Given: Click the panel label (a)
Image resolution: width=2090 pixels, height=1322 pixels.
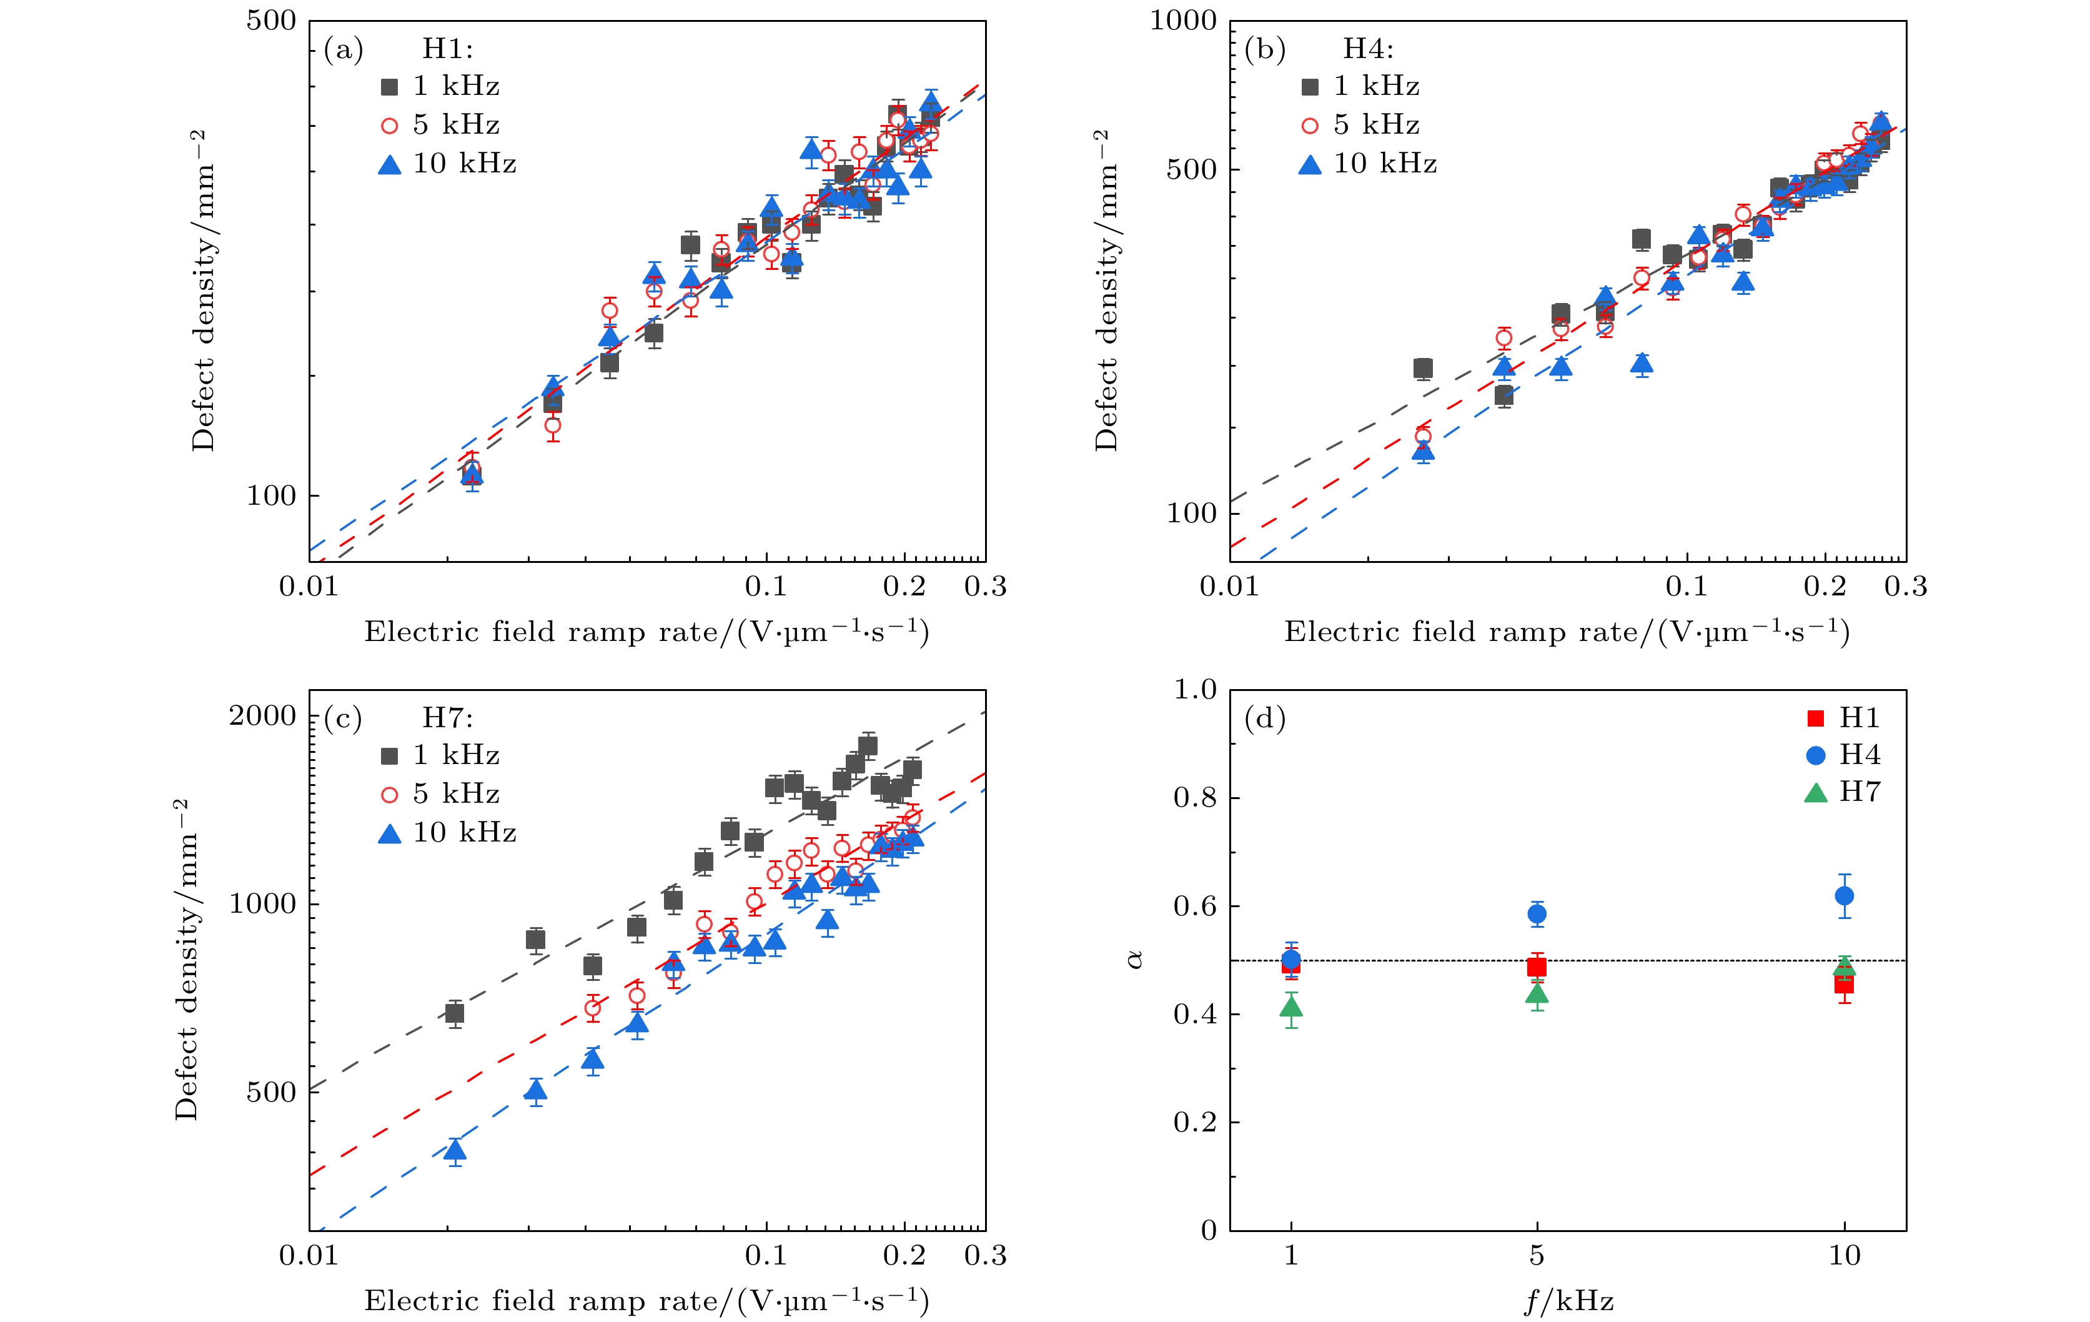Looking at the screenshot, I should [343, 49].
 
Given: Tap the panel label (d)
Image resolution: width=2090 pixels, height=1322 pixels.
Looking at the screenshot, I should [1265, 718].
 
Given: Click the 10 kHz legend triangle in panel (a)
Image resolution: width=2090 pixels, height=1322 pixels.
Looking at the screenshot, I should [390, 164].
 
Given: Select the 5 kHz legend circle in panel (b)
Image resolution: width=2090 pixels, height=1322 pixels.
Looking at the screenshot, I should [1310, 126].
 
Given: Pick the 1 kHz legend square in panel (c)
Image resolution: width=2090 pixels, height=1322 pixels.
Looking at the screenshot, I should [390, 756].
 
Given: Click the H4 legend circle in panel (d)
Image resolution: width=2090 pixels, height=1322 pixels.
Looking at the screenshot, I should [1816, 755].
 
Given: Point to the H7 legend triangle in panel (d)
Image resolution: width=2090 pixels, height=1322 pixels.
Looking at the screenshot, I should [1816, 792].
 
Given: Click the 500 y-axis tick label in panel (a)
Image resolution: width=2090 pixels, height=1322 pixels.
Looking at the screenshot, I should [271, 21].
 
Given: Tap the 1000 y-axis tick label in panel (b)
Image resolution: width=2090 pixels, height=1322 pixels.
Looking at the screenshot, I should [1183, 21].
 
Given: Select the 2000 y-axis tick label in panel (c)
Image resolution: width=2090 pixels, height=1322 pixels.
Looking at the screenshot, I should [262, 716].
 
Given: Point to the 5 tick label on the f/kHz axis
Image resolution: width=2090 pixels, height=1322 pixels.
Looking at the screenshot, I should [1536, 1256].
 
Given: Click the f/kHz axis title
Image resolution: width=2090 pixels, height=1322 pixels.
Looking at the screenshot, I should [1568, 1301].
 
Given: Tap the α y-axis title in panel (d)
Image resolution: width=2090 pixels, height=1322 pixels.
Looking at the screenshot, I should [1134, 959].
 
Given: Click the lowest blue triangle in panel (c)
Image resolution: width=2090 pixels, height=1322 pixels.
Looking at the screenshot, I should [455, 1150].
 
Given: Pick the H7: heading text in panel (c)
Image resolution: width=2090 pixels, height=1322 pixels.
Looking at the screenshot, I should [448, 718].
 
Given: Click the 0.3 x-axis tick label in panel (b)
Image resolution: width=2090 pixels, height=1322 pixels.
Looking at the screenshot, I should [1906, 587].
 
